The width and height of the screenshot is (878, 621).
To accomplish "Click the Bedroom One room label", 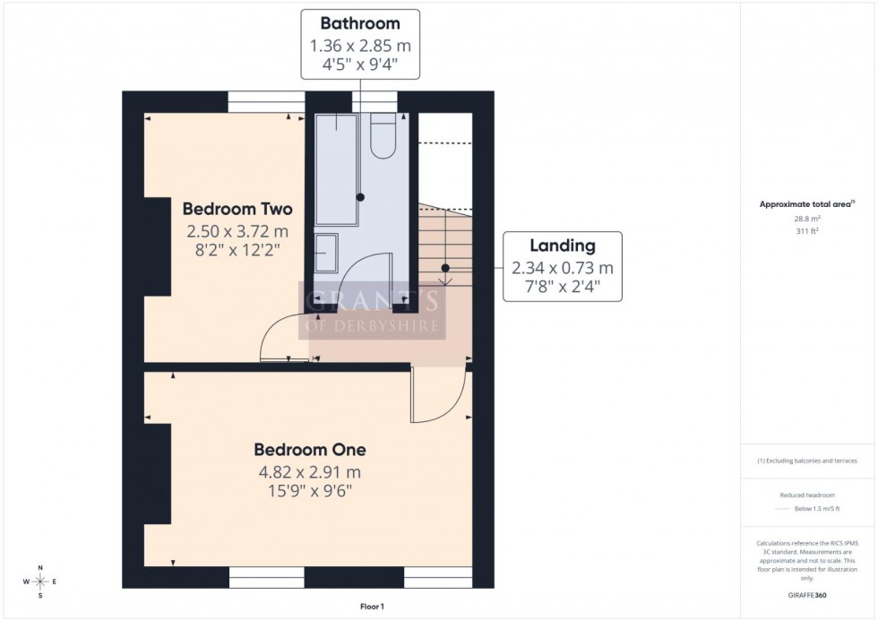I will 309,449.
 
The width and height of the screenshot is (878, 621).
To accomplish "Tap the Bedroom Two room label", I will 237,209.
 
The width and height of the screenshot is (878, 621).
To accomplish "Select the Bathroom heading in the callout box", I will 359,22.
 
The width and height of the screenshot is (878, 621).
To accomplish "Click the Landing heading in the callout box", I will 563,246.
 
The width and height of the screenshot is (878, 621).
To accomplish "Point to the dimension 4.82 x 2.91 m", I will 309,471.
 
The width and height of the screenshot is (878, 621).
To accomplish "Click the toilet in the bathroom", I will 383,135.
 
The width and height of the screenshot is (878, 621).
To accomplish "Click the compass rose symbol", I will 40,582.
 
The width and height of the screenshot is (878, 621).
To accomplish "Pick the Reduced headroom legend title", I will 807,495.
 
